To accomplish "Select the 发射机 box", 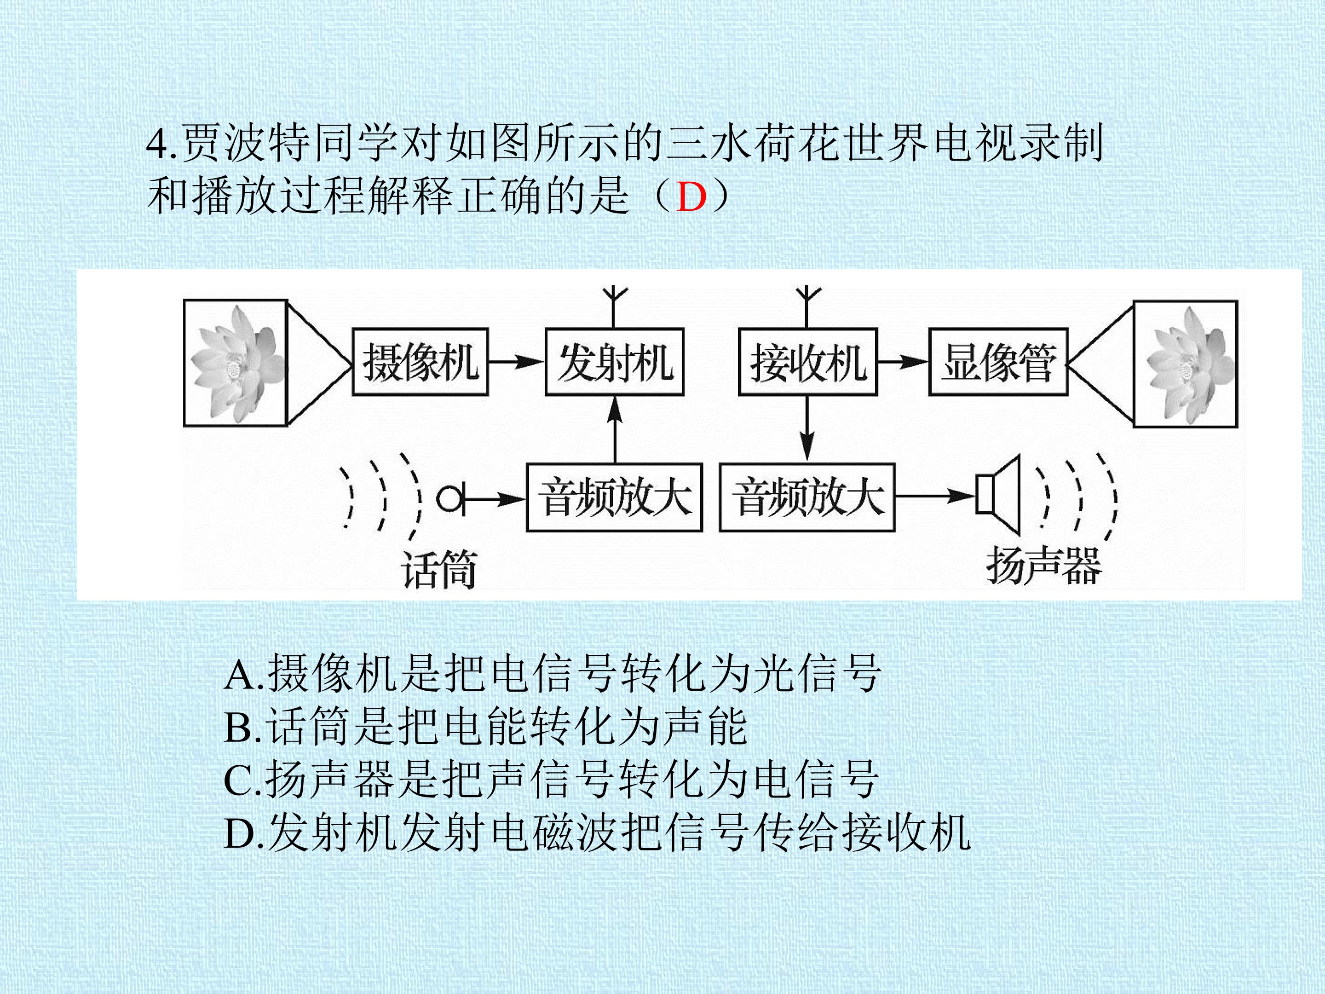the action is click(614, 362).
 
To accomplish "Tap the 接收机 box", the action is click(807, 362).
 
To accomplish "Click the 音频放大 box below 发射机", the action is click(614, 497).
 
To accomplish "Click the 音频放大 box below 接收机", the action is click(807, 497).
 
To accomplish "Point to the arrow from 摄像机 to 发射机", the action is click(516, 362).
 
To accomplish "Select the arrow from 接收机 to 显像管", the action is click(903, 362).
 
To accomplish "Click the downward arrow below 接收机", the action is click(807, 429).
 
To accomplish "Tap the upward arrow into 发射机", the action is click(614, 429).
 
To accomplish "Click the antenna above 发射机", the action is click(614, 307).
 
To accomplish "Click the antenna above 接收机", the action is click(807, 307).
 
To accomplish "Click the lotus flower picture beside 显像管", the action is click(1186, 364).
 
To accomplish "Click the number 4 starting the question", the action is click(156, 144).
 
